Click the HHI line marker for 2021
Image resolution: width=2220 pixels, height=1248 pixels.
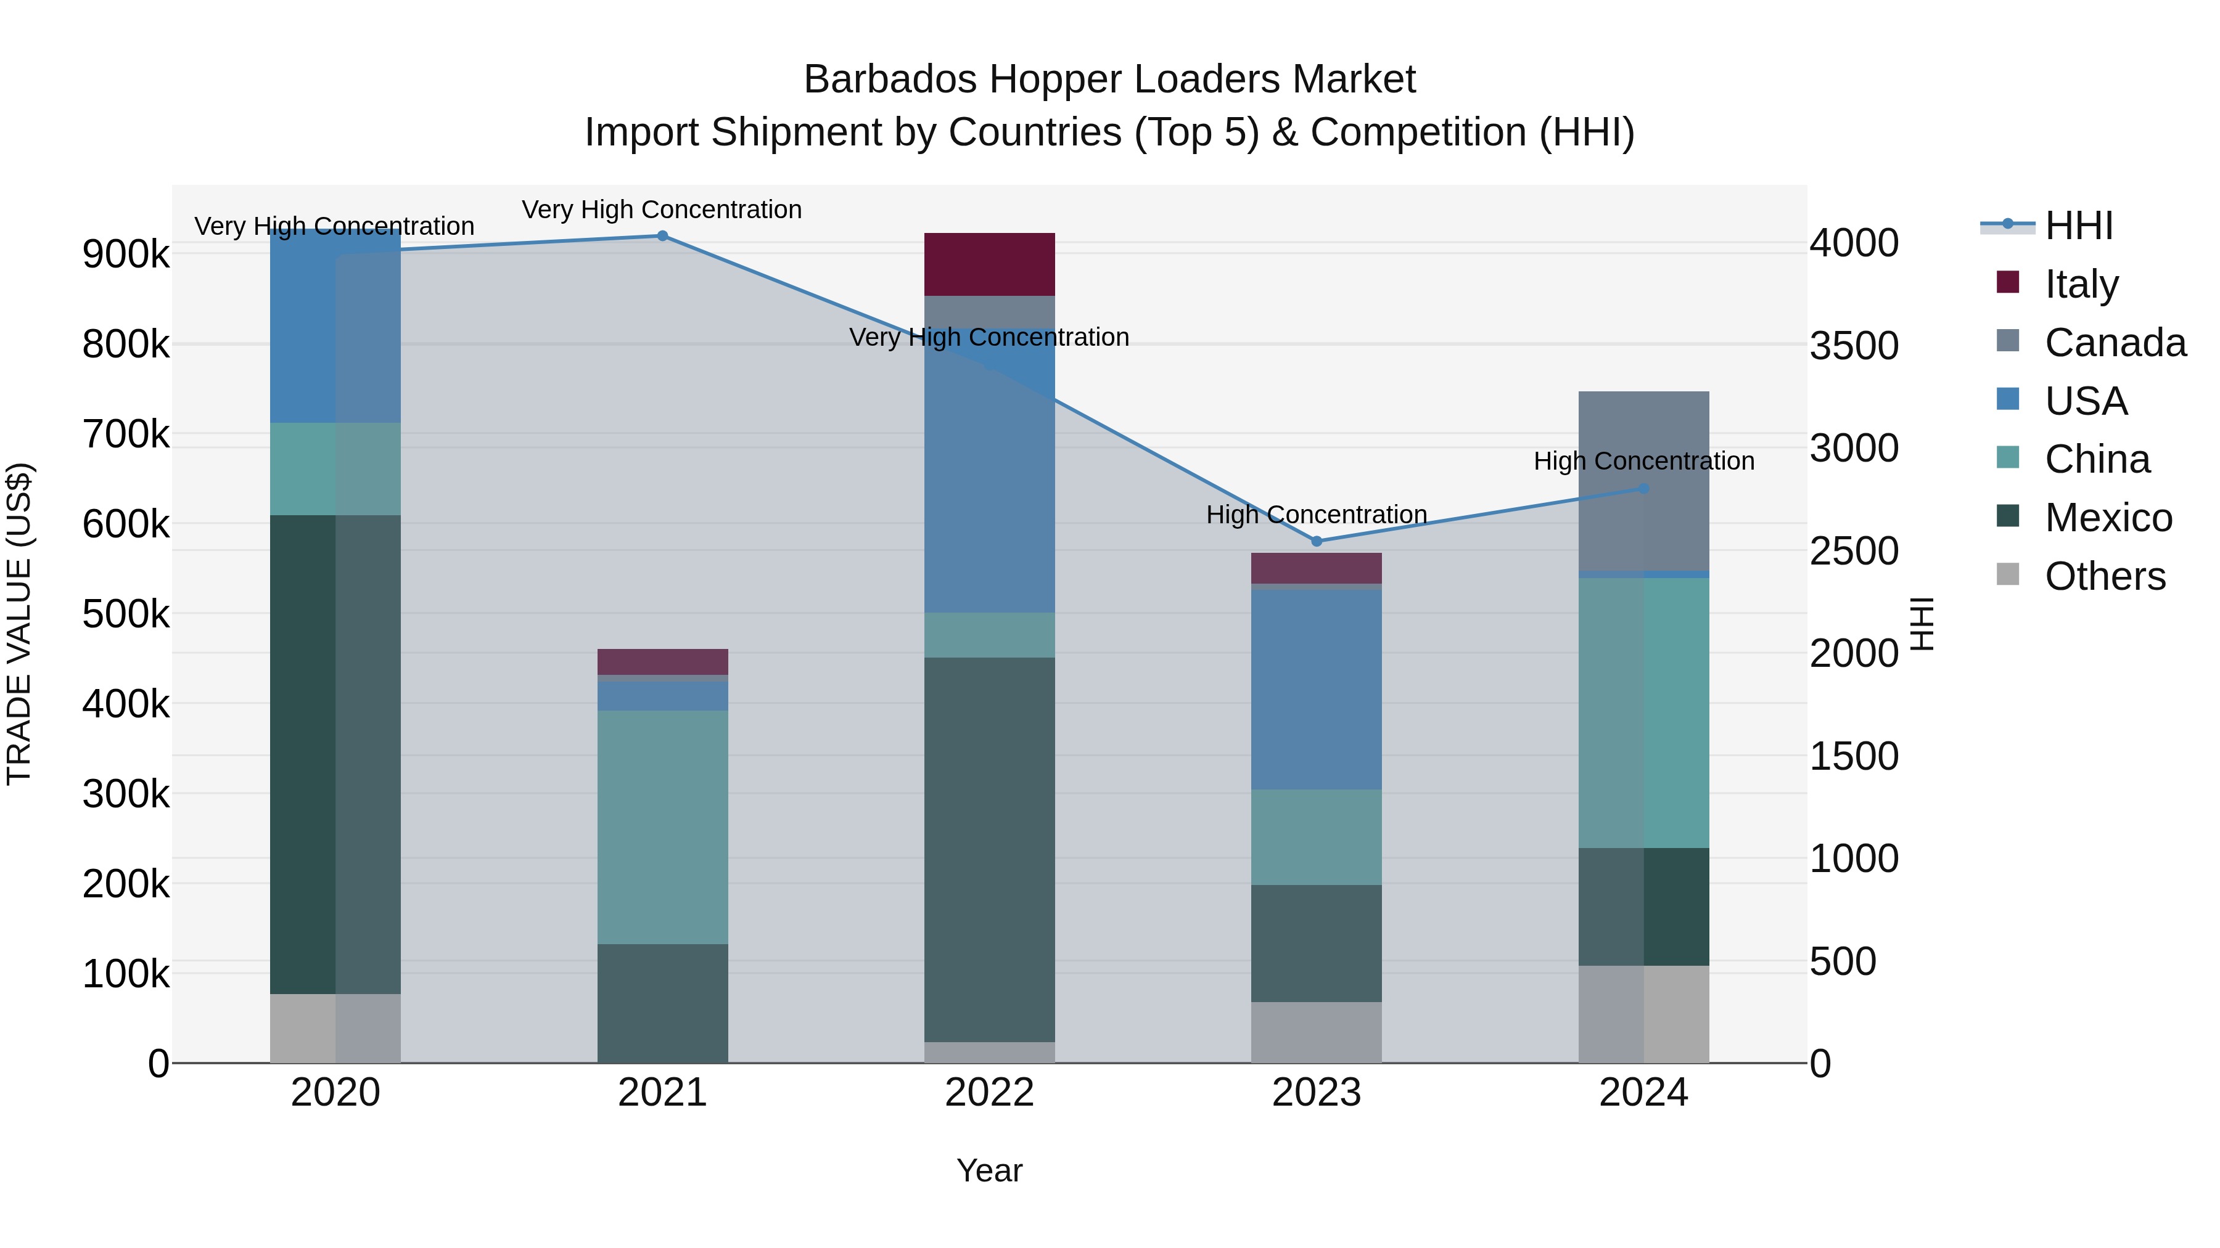[662, 236]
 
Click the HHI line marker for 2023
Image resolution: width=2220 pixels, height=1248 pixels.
[1316, 541]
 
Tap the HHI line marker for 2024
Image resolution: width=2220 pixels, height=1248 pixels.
[1643, 488]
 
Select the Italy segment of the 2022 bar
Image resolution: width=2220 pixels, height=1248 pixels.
[989, 264]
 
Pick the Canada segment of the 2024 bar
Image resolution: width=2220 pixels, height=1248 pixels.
[1643, 481]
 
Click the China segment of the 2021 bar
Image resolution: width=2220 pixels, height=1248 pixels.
[662, 827]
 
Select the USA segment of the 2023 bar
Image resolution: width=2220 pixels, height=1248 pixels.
[1316, 689]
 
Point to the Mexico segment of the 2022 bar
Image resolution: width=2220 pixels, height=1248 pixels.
[989, 849]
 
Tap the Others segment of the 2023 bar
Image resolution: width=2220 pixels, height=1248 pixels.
[1316, 1032]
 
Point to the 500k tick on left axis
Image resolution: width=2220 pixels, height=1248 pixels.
[126, 614]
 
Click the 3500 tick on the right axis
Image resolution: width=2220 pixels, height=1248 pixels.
[1854, 345]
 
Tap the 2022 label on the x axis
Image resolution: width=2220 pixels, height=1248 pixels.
[989, 1092]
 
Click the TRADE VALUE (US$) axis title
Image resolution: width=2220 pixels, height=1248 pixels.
[19, 624]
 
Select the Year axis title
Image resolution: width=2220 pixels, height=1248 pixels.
[989, 1170]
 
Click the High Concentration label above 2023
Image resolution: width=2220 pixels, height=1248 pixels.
[1316, 514]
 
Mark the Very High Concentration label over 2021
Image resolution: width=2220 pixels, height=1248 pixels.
[662, 210]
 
